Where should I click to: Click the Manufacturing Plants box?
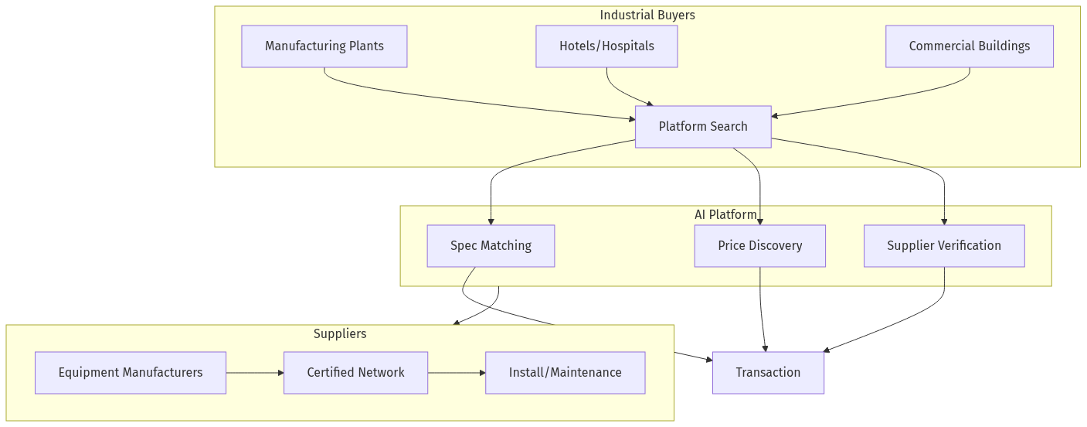point(324,46)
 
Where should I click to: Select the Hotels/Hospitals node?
point(606,46)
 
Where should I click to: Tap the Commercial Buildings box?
point(969,46)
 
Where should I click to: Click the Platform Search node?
point(703,127)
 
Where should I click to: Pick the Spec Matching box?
point(491,246)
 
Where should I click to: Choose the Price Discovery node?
point(759,246)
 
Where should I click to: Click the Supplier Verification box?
point(944,246)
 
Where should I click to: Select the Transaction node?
point(768,373)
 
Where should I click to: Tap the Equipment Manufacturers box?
point(131,373)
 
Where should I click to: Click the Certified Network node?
point(355,373)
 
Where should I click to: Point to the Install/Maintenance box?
point(565,373)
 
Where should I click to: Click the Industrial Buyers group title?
point(647,15)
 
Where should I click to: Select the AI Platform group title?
point(725,214)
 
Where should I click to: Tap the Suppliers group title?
point(340,334)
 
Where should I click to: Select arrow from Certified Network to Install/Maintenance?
point(456,373)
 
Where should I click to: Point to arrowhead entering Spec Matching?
point(491,222)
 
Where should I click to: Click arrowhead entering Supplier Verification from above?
point(944,222)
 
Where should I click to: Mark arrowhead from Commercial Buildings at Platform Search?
point(775,116)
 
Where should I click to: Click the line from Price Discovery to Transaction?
point(761,309)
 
